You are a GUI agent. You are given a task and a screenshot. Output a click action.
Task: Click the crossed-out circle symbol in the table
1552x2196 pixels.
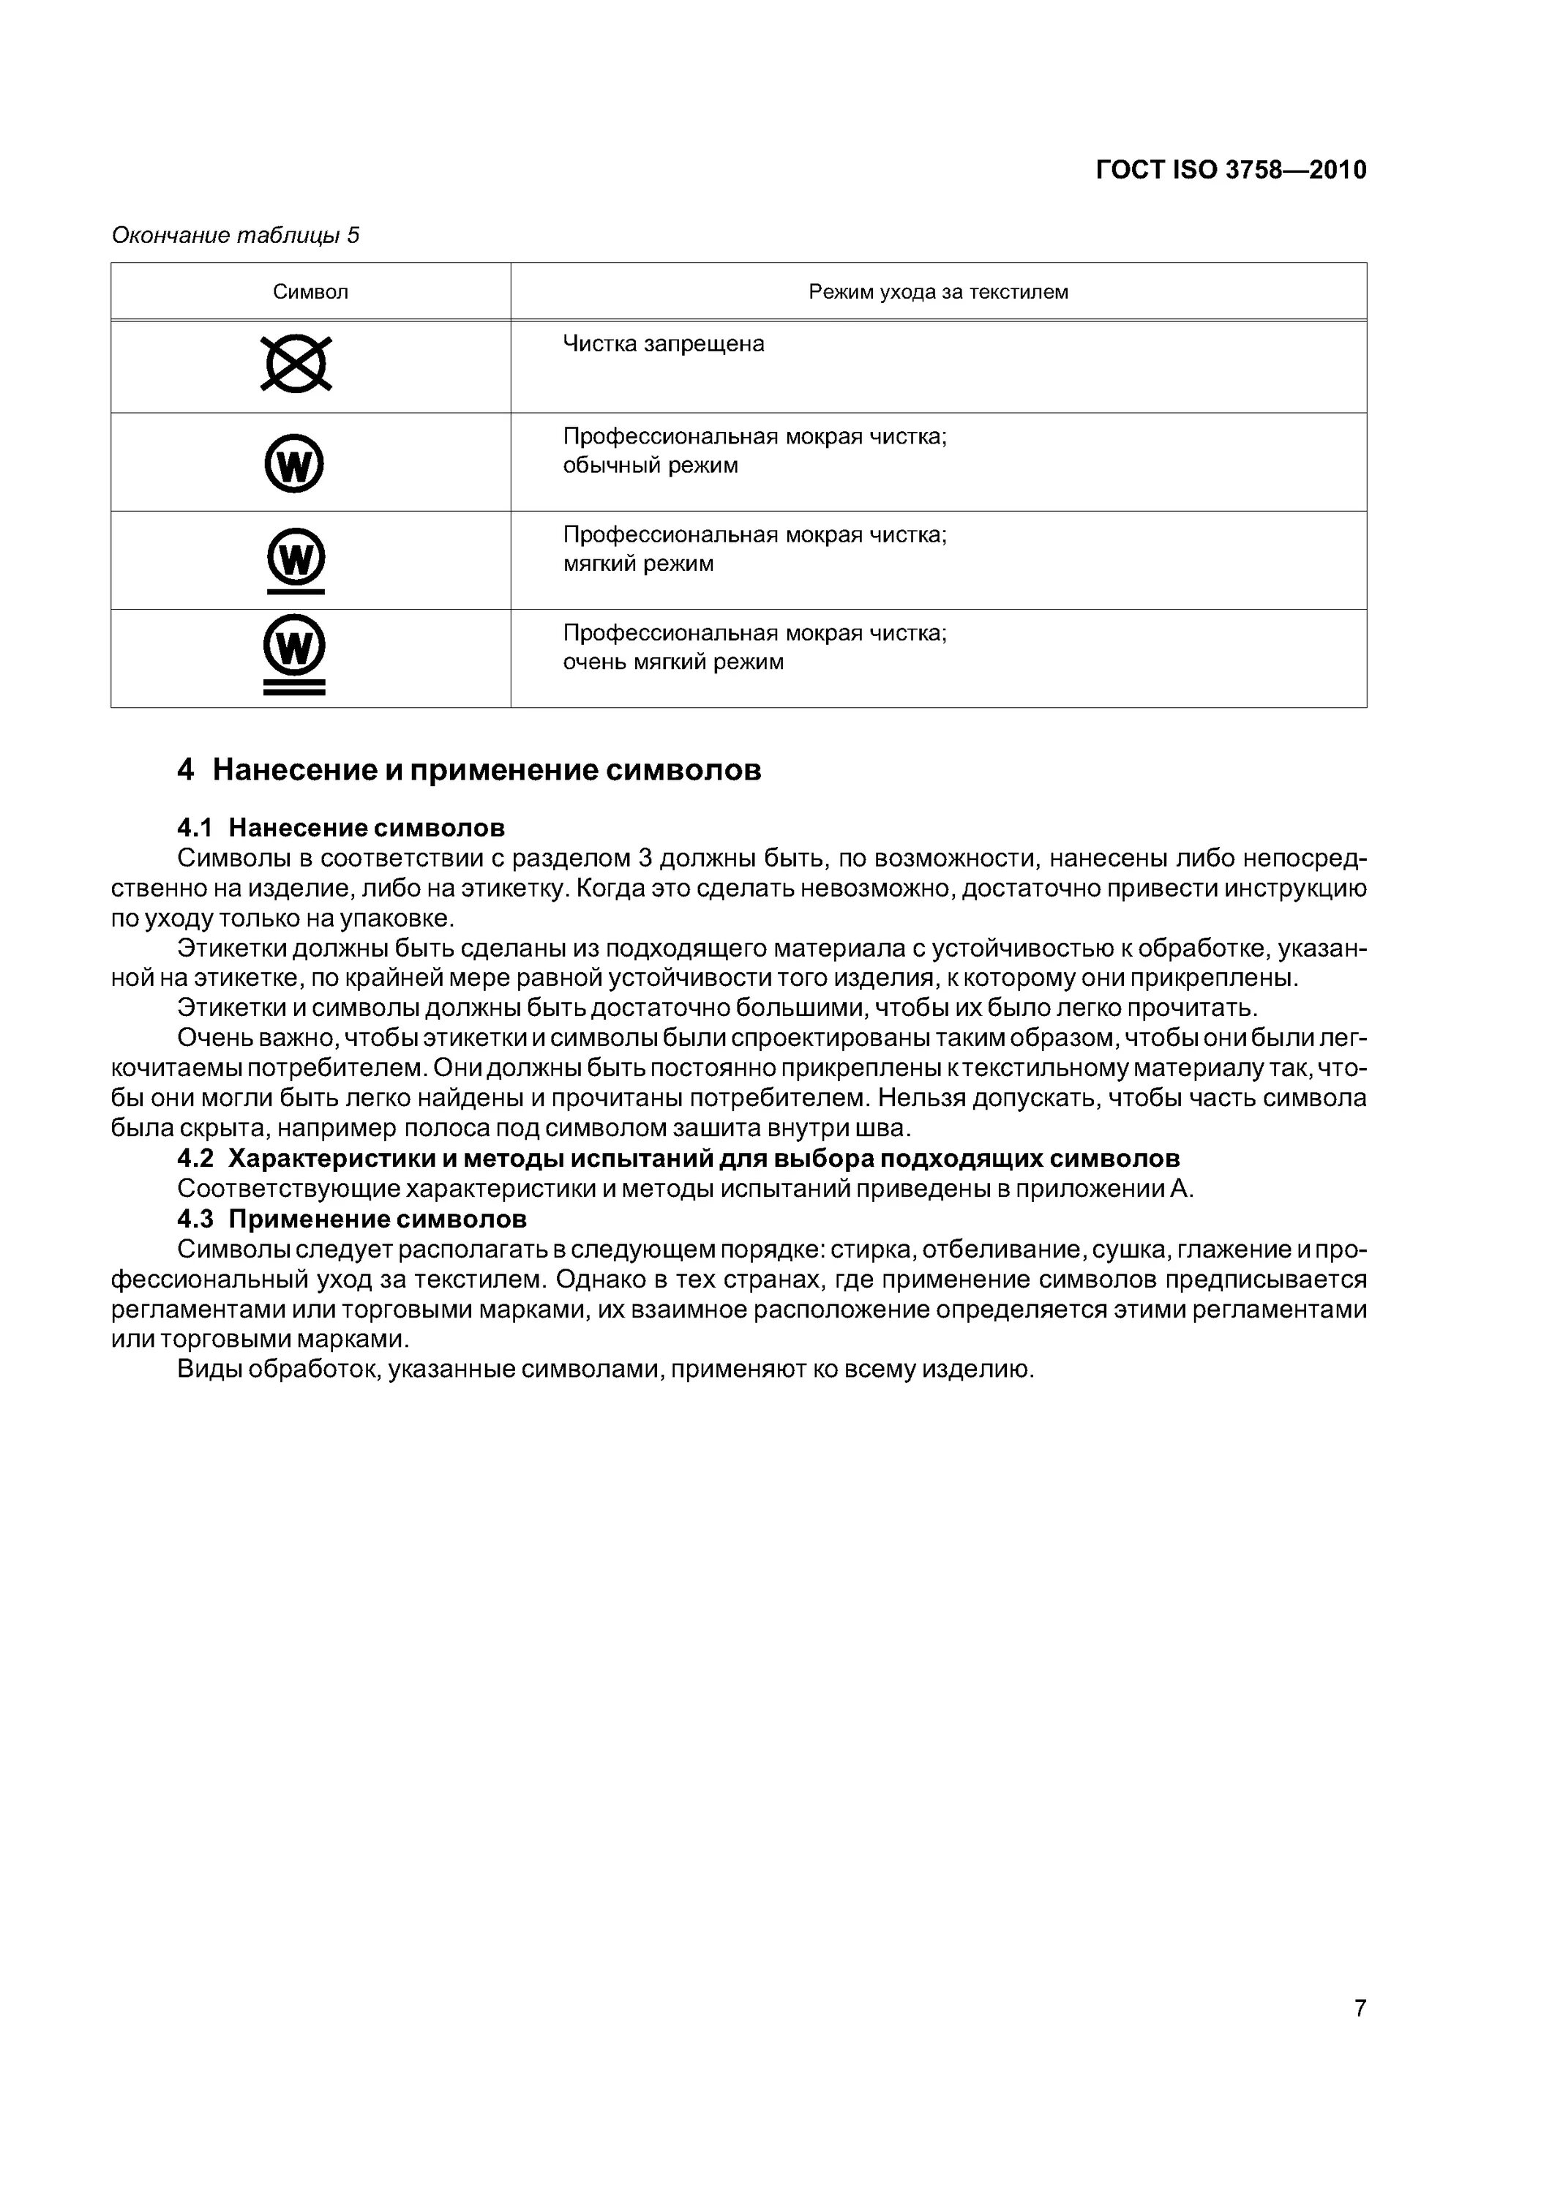pyautogui.click(x=296, y=364)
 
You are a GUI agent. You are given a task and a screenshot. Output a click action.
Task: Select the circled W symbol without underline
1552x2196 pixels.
pyautogui.click(x=295, y=464)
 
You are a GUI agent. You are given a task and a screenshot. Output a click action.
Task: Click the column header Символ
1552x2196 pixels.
pyautogui.click(x=311, y=292)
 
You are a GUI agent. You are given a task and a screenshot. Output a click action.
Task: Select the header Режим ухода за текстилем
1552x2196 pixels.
pyautogui.click(x=938, y=292)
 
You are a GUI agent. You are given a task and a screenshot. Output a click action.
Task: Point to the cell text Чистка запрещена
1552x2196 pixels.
pyautogui.click(x=664, y=344)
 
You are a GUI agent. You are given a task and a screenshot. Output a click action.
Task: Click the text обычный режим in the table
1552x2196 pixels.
pyautogui.click(x=651, y=466)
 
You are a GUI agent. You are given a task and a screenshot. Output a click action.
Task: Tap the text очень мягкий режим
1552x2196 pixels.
pyautogui.click(x=673, y=662)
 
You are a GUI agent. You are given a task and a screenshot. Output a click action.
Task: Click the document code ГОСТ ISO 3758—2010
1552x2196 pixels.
pyautogui.click(x=1231, y=171)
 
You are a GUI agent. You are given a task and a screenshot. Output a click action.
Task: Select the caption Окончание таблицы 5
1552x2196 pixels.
pyautogui.click(x=235, y=235)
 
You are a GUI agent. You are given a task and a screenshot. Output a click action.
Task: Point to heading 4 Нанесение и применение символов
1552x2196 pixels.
pyautogui.click(x=468, y=770)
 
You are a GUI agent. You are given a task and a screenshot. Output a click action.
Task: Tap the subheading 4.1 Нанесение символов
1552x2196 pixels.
pyautogui.click(x=342, y=826)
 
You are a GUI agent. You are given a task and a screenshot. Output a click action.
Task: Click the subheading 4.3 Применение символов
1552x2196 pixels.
pyautogui.click(x=352, y=1219)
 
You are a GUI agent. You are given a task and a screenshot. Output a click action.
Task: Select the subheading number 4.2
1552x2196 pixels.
pyautogui.click(x=195, y=1158)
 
